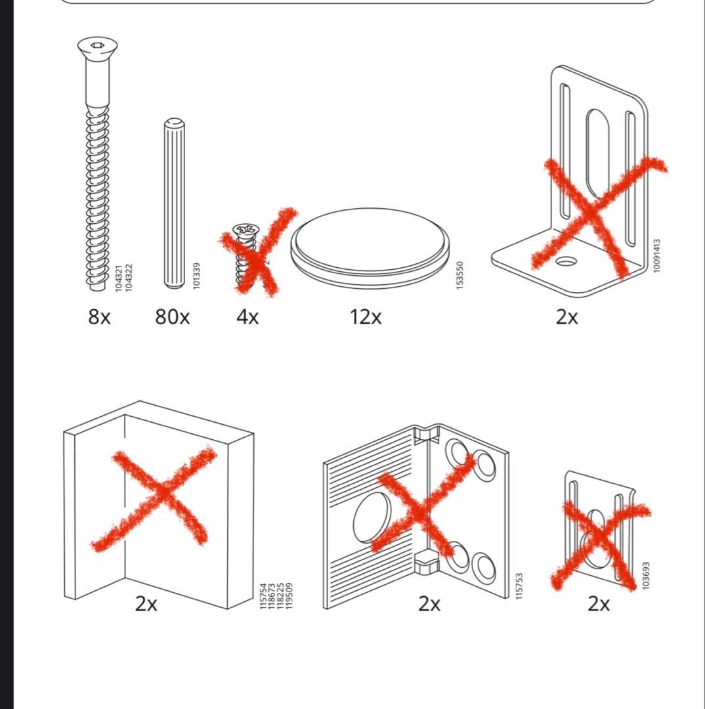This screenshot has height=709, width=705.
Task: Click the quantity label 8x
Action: point(99,317)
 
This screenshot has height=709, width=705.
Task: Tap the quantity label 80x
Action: point(172,317)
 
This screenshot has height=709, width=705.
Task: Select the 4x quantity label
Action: point(247,317)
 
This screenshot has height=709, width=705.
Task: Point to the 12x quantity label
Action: point(365,317)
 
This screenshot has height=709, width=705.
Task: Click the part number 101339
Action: point(196,276)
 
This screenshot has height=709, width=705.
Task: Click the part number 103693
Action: point(645,575)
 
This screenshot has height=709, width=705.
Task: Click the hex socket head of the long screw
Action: point(98,45)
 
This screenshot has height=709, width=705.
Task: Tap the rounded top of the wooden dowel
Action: point(173,123)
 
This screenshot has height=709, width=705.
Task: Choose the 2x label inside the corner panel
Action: point(146,603)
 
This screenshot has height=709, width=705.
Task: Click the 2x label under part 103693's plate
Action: point(598,603)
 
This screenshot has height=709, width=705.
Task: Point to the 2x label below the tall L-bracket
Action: point(566,317)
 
